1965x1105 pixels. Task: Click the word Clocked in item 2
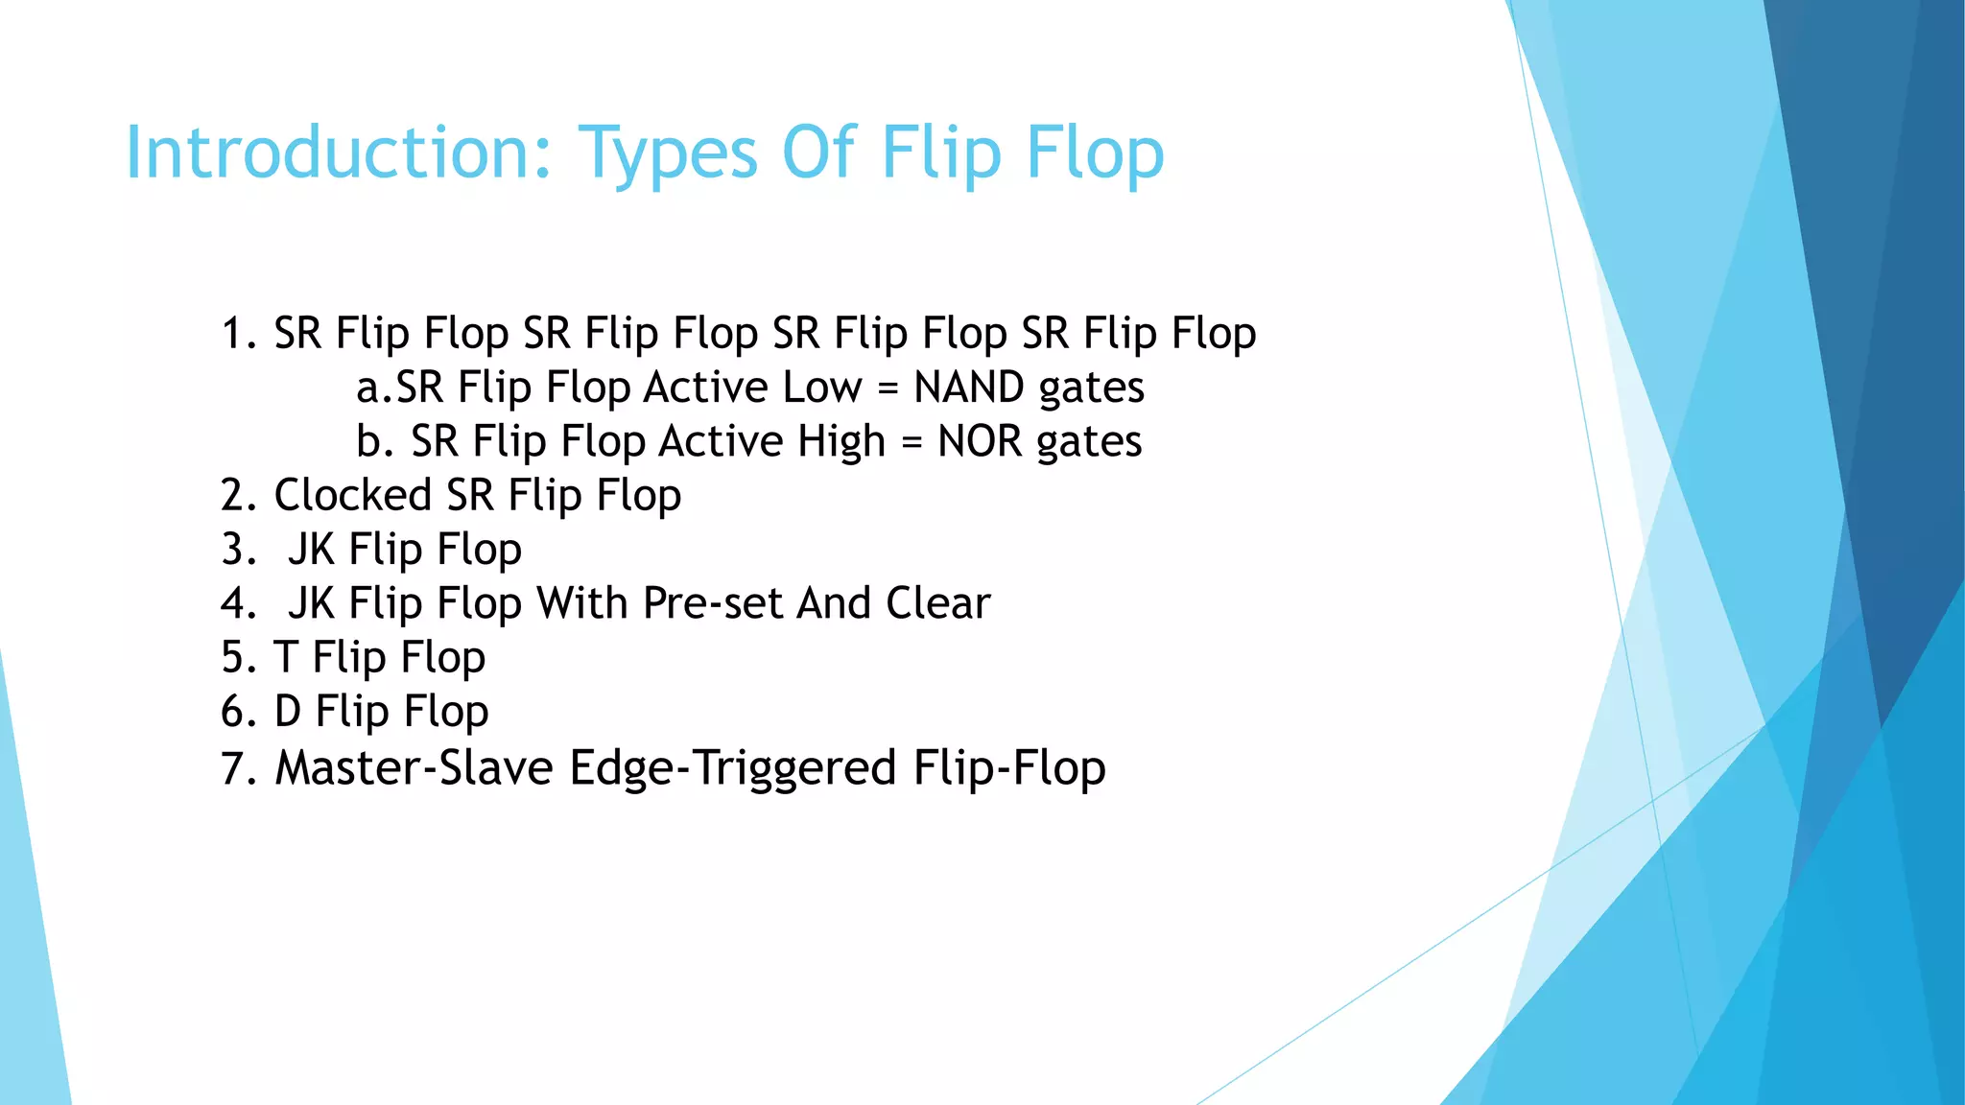[352, 496]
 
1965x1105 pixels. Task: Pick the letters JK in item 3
[311, 550]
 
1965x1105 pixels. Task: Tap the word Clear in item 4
[937, 603]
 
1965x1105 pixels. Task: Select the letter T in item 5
[285, 658]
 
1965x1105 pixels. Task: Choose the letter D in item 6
[288, 712]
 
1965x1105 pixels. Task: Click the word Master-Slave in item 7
[414, 768]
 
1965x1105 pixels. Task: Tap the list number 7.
[233, 768]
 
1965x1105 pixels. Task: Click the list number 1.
[233, 334]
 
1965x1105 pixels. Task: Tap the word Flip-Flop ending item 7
[1009, 768]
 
